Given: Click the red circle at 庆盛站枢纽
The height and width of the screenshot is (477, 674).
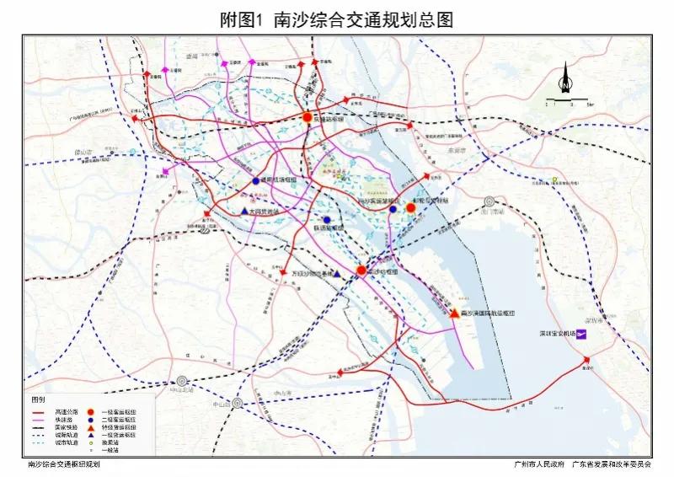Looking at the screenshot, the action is (308, 119).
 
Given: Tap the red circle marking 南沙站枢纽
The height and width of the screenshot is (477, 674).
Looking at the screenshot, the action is (361, 271).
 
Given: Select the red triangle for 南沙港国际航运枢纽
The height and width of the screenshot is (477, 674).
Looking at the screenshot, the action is (455, 313).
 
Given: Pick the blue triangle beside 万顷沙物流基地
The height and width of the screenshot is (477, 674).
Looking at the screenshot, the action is (337, 274).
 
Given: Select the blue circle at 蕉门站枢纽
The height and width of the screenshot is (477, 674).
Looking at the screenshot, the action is (255, 181).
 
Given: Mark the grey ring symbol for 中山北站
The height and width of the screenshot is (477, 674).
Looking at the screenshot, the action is (181, 381).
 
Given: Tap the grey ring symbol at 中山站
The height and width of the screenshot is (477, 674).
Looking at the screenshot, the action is (238, 403).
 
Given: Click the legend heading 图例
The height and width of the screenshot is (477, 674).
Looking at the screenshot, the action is (39, 397).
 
